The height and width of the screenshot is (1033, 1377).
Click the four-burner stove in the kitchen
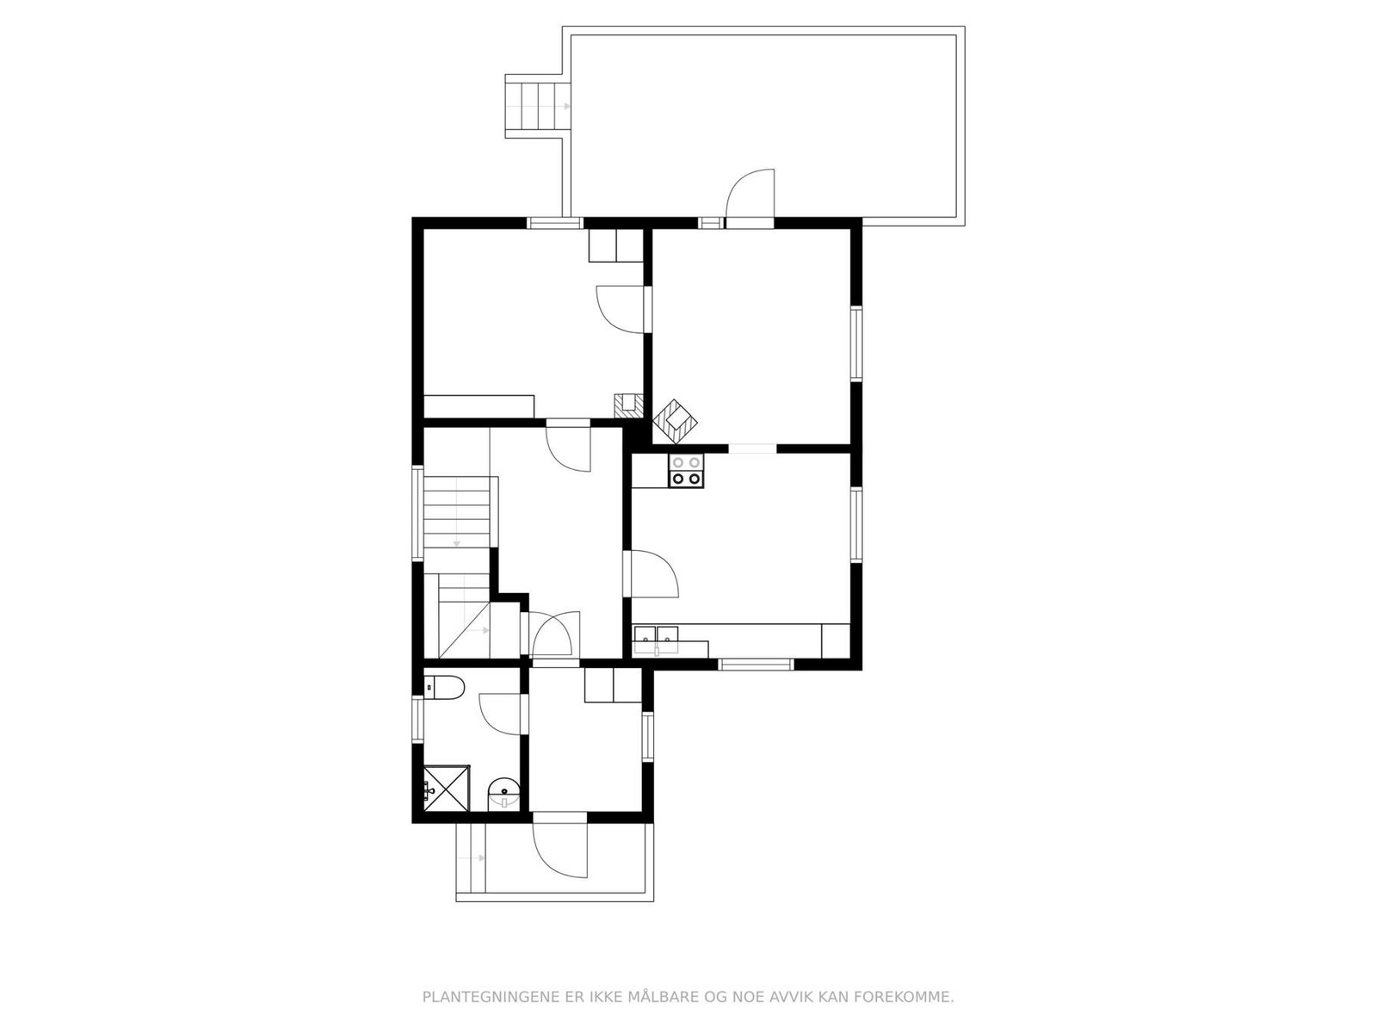click(687, 471)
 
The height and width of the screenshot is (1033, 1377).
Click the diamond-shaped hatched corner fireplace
click(676, 422)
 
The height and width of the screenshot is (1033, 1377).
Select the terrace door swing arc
click(751, 194)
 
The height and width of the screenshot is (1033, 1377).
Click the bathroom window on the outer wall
click(418, 720)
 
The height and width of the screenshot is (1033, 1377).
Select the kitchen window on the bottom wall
click(756, 664)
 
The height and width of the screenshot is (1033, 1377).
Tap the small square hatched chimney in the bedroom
click(628, 404)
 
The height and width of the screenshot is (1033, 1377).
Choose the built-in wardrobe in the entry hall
click(613, 685)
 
